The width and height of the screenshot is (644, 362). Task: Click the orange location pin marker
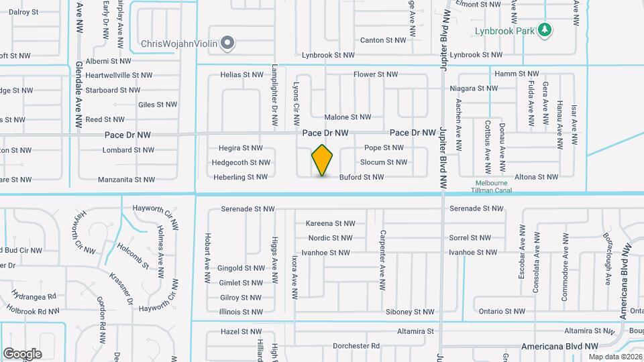click(323, 160)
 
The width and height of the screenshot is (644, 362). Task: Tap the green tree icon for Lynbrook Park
click(546, 29)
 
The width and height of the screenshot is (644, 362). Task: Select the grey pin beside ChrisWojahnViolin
click(228, 44)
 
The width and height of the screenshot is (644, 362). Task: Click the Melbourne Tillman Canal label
click(494, 186)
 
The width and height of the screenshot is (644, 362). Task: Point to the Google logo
click(22, 353)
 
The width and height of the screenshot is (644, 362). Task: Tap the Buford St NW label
click(361, 177)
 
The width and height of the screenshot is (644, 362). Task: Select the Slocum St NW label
click(383, 162)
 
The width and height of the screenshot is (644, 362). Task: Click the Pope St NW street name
click(383, 147)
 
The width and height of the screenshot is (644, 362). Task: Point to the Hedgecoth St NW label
click(241, 162)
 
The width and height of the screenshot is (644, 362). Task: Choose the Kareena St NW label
click(329, 223)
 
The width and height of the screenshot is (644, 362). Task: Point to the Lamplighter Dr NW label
click(274, 96)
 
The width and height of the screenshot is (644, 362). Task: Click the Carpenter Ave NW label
click(382, 249)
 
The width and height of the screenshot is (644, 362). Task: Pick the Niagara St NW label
click(474, 88)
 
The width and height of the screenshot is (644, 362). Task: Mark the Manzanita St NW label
click(126, 179)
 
